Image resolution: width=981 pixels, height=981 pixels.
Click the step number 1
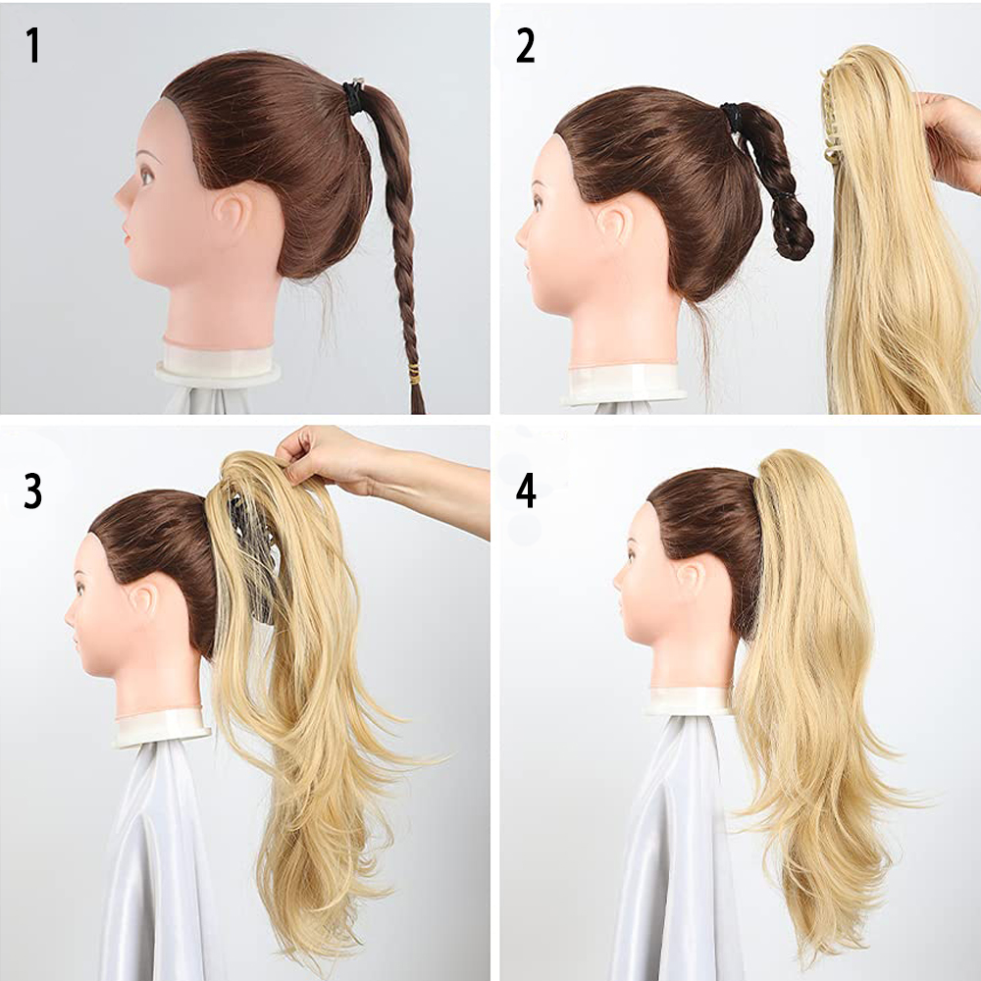pyautogui.click(x=32, y=45)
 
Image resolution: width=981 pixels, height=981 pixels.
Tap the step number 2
pyautogui.click(x=526, y=46)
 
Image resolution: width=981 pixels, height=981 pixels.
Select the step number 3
pyautogui.click(x=32, y=491)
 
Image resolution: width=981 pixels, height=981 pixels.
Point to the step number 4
pyautogui.click(x=526, y=491)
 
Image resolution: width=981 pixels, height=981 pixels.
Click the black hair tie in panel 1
pyautogui.click(x=353, y=96)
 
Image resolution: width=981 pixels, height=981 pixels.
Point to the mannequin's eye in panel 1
pyautogui.click(x=146, y=176)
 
